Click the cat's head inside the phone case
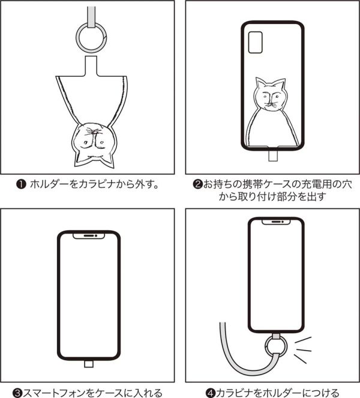point(269,96)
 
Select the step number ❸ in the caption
point(18,393)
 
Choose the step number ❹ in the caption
point(211,393)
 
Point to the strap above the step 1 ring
point(90,11)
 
